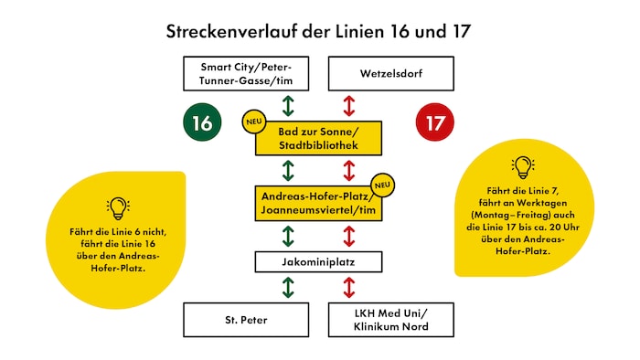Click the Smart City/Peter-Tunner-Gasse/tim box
tap(245, 71)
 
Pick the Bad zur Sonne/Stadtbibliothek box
tap(317, 138)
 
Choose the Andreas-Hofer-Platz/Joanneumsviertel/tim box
tap(317, 202)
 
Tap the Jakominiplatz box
tap(317, 263)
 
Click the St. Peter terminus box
tap(245, 319)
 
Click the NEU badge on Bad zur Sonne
tap(252, 122)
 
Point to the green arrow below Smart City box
tap(288, 104)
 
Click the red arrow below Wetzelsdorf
tap(347, 104)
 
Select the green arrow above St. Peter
tap(288, 289)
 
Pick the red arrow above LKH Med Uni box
tap(347, 289)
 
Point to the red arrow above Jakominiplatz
tap(347, 236)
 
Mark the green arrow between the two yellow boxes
tap(288, 171)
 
